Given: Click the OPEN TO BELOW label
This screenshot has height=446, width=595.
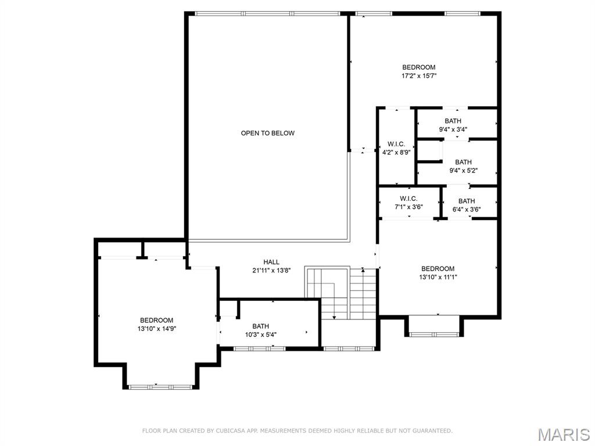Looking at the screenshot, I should point(267,133).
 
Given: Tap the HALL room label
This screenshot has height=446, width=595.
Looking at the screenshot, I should point(271,262).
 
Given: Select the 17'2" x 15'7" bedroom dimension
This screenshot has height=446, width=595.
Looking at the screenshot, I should point(419,75).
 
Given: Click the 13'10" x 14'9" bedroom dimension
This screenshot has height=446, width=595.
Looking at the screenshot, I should point(156,329).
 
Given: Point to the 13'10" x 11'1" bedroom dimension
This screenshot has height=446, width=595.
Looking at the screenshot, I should point(438,277).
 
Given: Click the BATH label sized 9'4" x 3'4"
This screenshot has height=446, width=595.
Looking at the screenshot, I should point(453,121).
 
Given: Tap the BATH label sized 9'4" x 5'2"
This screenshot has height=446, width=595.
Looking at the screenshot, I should point(463,162).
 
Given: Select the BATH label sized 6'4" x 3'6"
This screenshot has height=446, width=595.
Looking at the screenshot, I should point(466,201).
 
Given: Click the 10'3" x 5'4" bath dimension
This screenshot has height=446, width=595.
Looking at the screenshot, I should point(260,334).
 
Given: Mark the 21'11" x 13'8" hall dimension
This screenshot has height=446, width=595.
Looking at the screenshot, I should point(271,270).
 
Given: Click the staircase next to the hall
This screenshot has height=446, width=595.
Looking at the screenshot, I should point(341,293).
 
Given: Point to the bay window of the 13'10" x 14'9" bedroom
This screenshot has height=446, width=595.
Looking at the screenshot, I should point(160,386).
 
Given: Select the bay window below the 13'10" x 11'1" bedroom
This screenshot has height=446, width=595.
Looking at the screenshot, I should point(433,334).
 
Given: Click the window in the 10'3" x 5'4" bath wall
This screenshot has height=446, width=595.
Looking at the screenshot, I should point(259,348).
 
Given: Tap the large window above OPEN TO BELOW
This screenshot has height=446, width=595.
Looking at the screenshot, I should point(267,13).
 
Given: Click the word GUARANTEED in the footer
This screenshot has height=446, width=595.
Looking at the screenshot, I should point(431,431).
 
